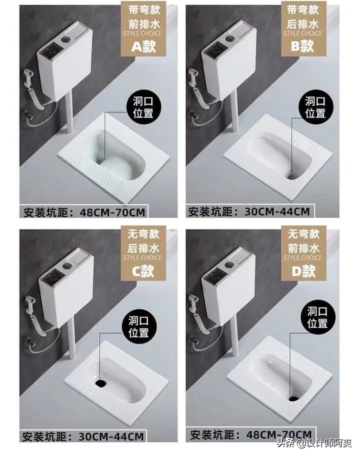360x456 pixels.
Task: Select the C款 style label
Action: coord(144,270)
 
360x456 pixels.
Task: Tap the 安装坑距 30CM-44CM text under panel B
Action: coord(248,211)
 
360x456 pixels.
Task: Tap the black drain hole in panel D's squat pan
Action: coord(294,398)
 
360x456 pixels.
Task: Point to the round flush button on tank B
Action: coord(230,37)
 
